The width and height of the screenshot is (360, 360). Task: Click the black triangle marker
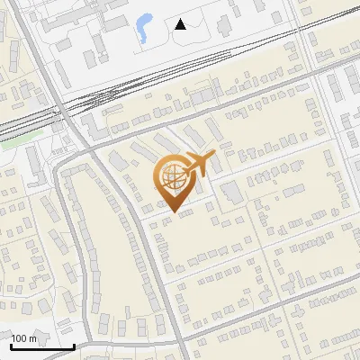(x=181, y=24)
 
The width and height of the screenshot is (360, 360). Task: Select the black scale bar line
(x=41, y=346)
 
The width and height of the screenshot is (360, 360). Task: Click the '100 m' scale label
(x=24, y=338)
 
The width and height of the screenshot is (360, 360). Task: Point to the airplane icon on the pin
(x=199, y=166)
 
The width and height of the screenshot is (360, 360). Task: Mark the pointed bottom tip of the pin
(x=171, y=213)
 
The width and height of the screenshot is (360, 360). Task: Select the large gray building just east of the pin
(x=232, y=191)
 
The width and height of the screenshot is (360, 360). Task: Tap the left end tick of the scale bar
(x=10, y=345)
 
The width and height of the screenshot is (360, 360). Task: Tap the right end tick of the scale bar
(x=74, y=345)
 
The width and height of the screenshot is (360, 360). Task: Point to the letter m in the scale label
(x=33, y=338)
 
